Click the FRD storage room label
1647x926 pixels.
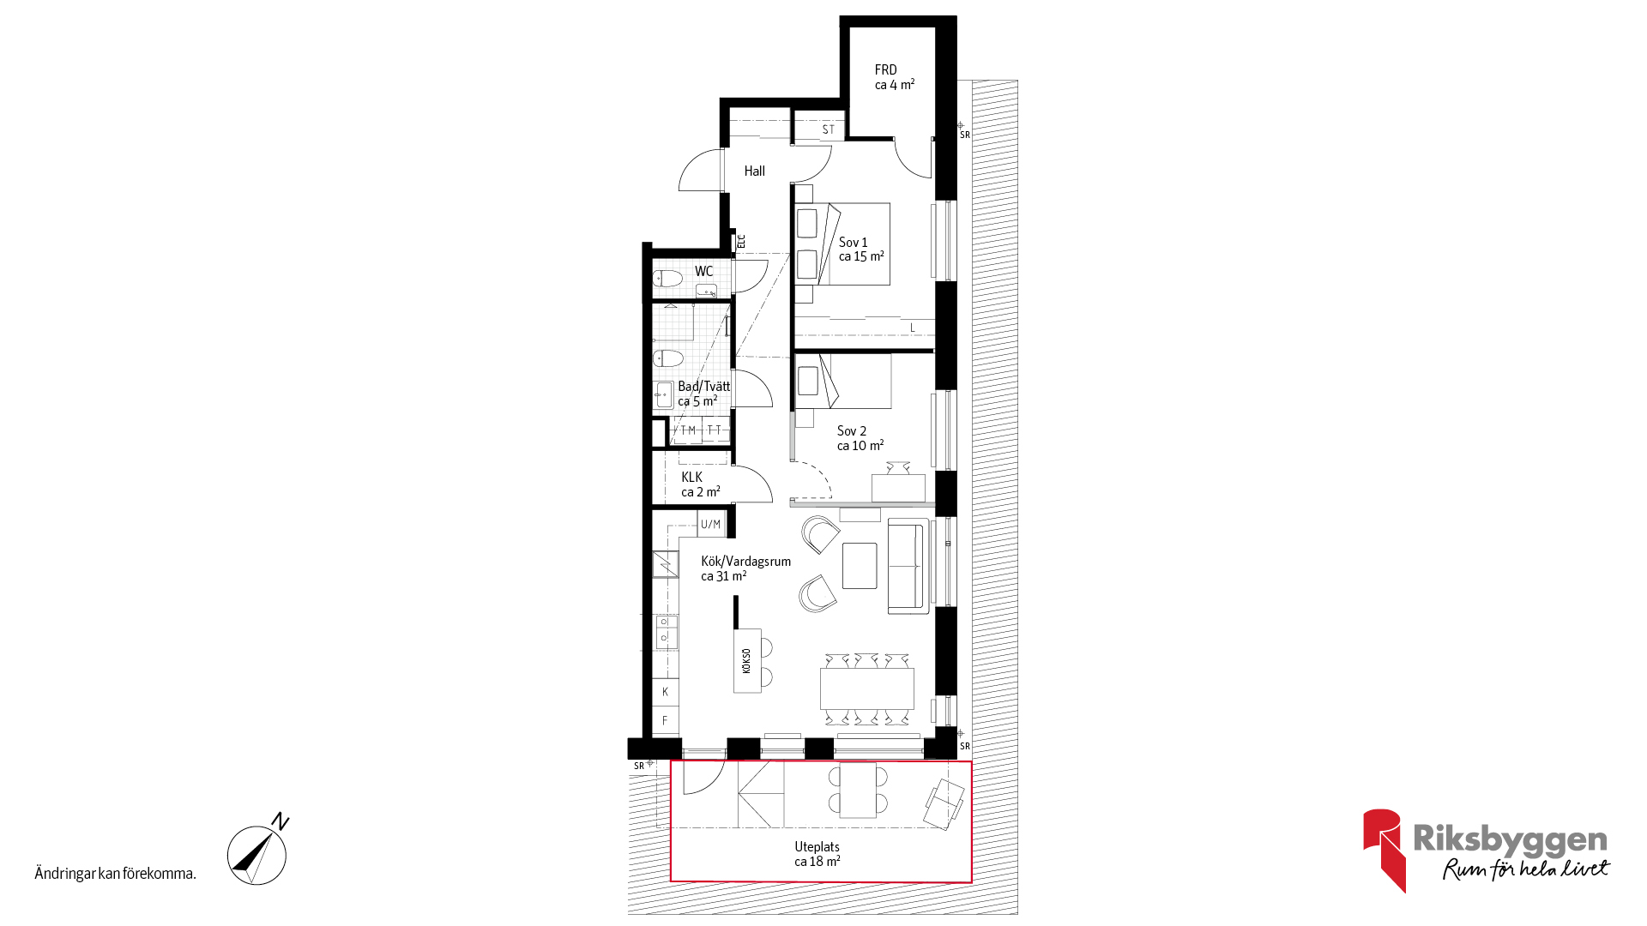tap(886, 70)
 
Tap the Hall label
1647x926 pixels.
tap(755, 171)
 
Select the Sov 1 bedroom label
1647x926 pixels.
tap(853, 243)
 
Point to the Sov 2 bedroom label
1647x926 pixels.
tap(852, 431)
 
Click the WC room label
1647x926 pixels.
tap(704, 272)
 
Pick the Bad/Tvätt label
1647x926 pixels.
tap(704, 387)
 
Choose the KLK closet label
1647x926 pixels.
tap(692, 478)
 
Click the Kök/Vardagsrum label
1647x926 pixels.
tap(746, 562)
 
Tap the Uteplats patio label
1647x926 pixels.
tap(817, 847)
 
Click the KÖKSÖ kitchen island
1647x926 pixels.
tap(747, 661)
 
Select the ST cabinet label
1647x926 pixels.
tap(829, 130)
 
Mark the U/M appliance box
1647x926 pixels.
tap(711, 524)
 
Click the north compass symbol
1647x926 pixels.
tap(257, 854)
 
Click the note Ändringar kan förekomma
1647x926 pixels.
tap(116, 874)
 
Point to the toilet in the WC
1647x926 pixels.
tap(667, 278)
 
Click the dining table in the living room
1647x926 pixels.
tap(867, 688)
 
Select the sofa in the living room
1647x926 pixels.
tap(908, 566)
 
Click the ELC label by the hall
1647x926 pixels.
tap(742, 242)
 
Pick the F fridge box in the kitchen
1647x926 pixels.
tap(666, 721)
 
